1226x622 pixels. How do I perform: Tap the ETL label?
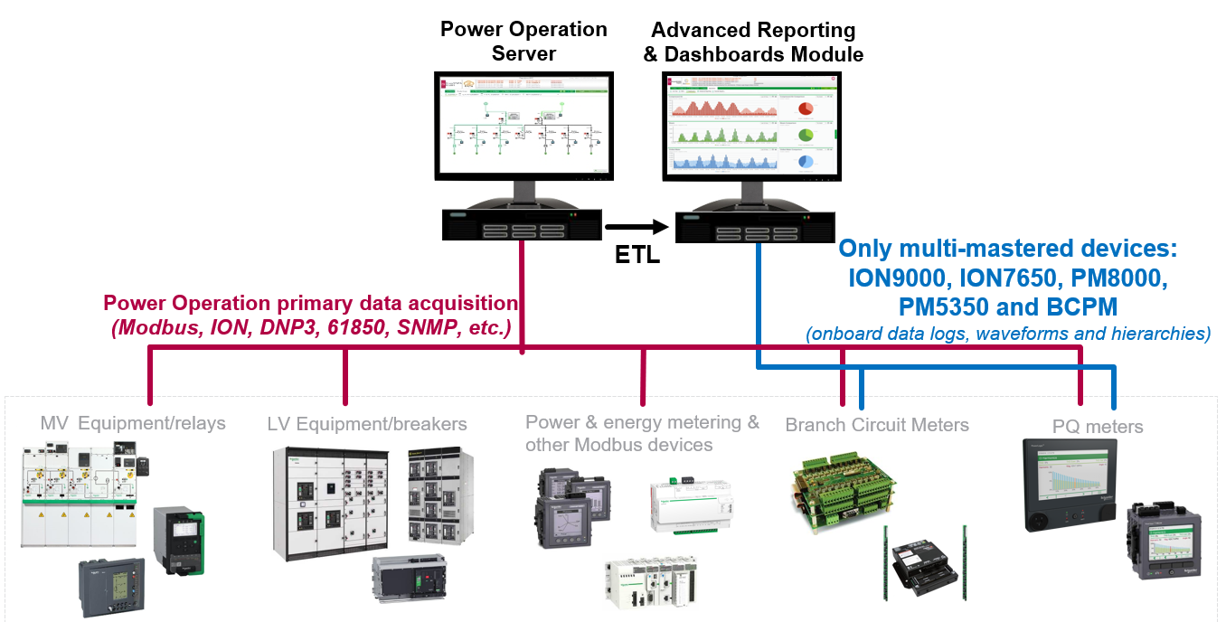637,256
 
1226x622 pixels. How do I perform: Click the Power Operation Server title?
523,42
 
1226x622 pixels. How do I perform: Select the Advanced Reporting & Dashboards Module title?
753,42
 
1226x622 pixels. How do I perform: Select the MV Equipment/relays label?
133,423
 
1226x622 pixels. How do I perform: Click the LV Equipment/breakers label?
367,424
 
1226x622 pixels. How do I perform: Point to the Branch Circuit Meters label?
877,425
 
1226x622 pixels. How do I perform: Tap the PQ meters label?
1098,427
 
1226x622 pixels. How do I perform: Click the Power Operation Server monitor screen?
523,126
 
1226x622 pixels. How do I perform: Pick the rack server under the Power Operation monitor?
523,224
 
